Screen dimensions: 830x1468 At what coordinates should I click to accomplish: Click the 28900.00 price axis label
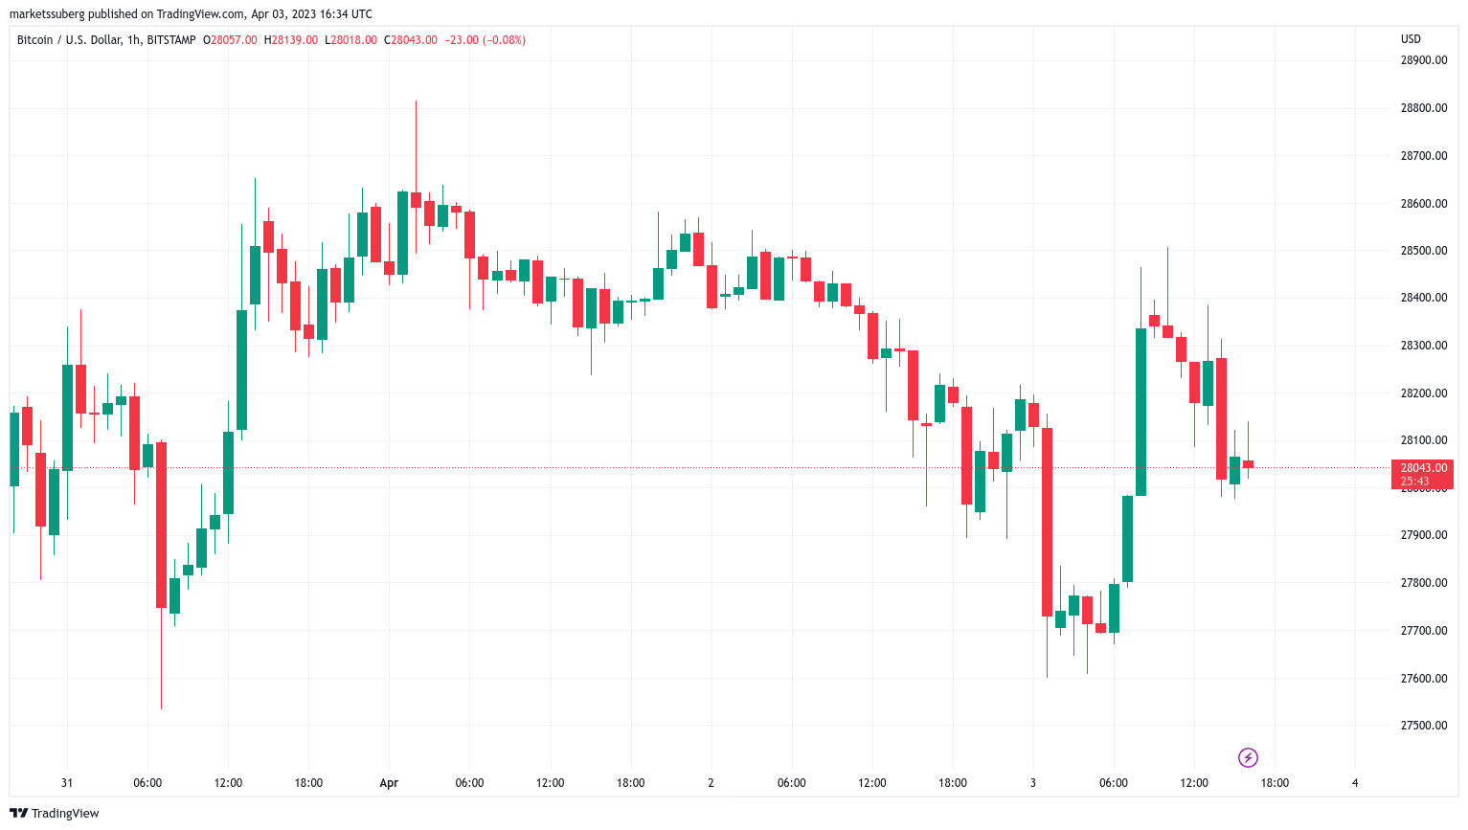(x=1423, y=60)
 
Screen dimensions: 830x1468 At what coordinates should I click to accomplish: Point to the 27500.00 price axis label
(x=1423, y=726)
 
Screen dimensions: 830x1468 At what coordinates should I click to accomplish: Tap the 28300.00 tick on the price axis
(x=1423, y=346)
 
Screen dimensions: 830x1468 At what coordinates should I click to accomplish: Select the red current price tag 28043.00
(x=1423, y=468)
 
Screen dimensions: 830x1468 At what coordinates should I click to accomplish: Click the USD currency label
(x=1411, y=39)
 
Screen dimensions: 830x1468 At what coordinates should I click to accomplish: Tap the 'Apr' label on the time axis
(x=389, y=783)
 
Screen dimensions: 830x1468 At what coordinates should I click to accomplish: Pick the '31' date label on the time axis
(x=67, y=783)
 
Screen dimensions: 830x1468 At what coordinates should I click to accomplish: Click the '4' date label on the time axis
(x=1355, y=783)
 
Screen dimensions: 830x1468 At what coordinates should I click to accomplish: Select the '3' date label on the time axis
(x=1033, y=783)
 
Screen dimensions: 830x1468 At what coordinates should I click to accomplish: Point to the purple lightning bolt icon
(x=1248, y=758)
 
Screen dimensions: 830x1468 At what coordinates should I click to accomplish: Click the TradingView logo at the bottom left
(x=55, y=814)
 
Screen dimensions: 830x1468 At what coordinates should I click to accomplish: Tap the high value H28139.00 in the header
(x=295, y=40)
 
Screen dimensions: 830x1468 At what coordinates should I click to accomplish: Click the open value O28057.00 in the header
(x=230, y=40)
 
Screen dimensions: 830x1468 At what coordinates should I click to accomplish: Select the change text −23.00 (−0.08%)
(x=485, y=40)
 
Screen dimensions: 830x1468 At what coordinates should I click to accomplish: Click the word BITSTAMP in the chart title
(x=171, y=40)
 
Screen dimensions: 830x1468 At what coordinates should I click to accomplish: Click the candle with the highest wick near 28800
(x=416, y=200)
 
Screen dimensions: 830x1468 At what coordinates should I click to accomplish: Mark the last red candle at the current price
(x=1248, y=464)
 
